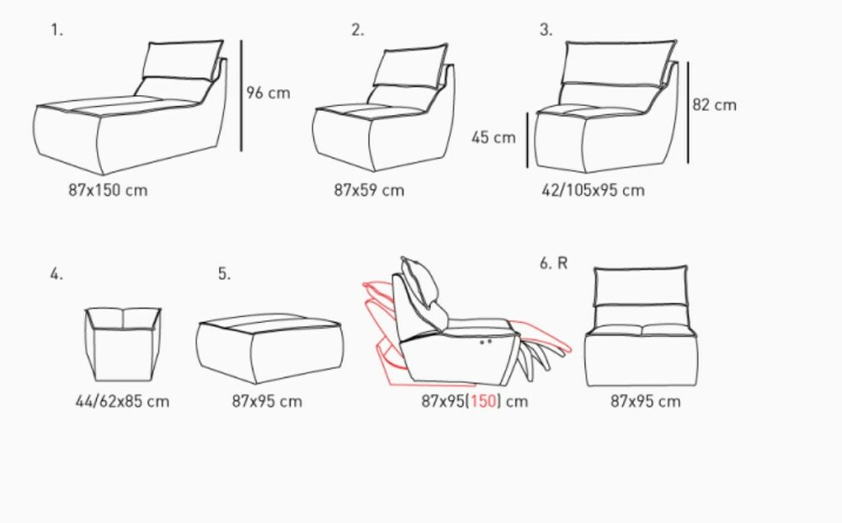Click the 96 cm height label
[x=268, y=92]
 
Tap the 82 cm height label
[x=714, y=104]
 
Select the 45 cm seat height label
[x=493, y=137]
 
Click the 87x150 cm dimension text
[x=108, y=190]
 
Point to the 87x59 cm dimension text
[x=369, y=190]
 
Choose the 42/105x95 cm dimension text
[x=593, y=190]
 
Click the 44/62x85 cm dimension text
[x=122, y=401]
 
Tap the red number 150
[x=484, y=401]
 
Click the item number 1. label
[x=57, y=30]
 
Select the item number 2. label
[x=358, y=30]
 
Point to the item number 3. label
[x=546, y=30]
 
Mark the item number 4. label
[x=56, y=274]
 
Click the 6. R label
[x=554, y=263]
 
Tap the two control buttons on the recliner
[x=486, y=341]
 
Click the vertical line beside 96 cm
[x=241, y=96]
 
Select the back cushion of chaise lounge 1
[x=183, y=61]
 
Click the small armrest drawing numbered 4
[x=123, y=345]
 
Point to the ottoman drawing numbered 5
[x=269, y=347]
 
